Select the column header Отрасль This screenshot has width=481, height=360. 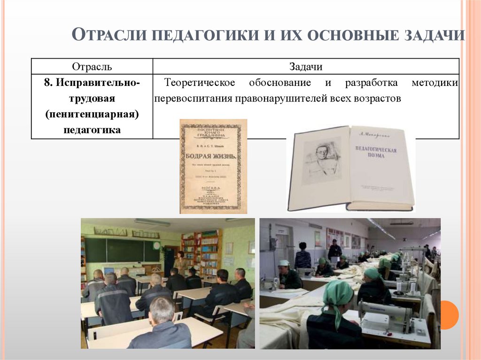pos(92,67)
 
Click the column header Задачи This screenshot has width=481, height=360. pos(306,67)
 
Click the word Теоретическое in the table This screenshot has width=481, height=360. pos(200,83)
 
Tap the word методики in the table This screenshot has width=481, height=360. pos(434,83)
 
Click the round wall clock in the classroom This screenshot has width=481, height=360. pos(156,245)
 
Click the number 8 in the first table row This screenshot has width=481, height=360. pos(47,83)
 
